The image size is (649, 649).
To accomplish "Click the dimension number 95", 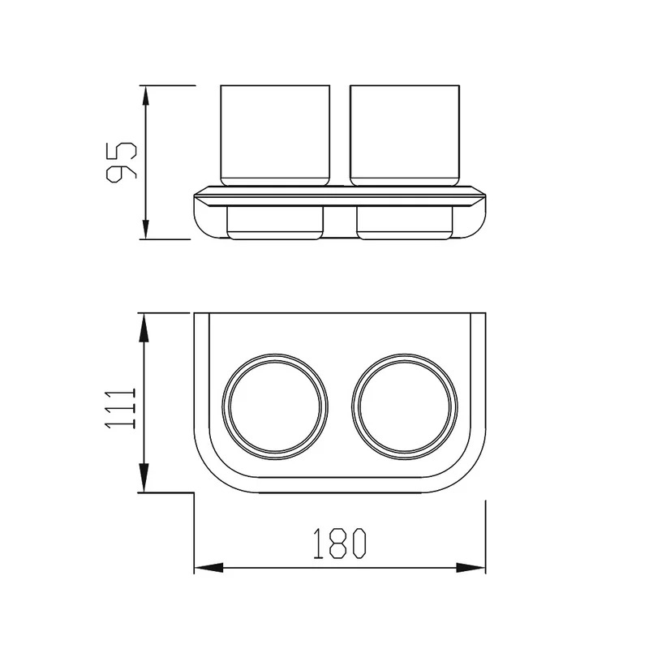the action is point(121,161).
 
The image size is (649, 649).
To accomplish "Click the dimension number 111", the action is point(120,408).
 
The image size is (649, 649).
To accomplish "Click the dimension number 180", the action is point(340,544).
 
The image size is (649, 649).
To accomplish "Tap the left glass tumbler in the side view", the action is point(275,135).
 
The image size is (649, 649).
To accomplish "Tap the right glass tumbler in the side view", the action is point(404,135).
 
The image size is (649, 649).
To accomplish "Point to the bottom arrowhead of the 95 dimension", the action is point(145,229).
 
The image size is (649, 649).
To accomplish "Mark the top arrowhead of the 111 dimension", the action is point(144,327).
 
